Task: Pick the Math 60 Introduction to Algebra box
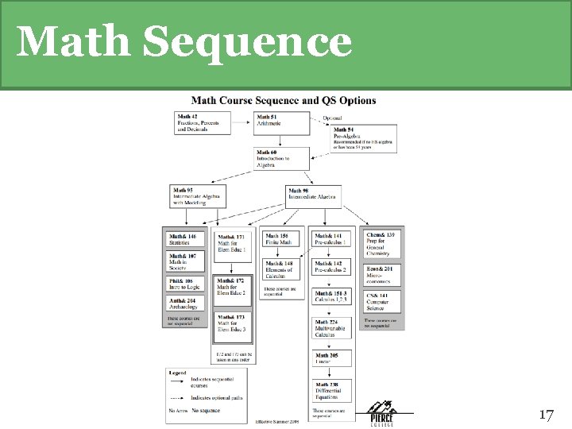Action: pos(279,158)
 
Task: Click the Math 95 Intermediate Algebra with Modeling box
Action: pos(197,195)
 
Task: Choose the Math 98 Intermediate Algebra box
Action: pos(315,195)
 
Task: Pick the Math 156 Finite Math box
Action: pos(282,238)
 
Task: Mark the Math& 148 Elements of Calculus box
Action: pos(282,269)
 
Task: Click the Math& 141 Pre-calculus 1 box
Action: pos(332,238)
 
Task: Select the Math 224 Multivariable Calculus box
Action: pos(332,327)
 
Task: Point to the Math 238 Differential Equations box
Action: pos(332,390)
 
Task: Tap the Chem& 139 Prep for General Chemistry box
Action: pos(382,243)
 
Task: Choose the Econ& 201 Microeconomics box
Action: pos(382,274)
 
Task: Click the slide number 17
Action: pos(545,415)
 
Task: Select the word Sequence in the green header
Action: pos(258,42)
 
